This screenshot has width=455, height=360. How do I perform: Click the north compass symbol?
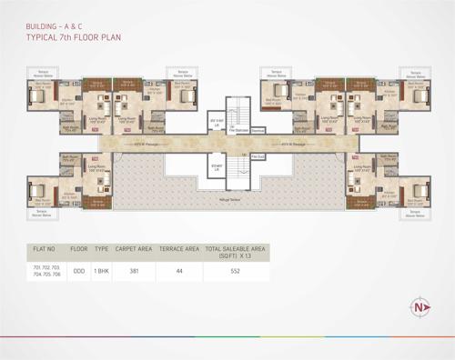pos(420,305)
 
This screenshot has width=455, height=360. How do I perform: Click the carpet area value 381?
pos(134,271)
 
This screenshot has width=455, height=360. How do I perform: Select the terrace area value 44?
pos(179,271)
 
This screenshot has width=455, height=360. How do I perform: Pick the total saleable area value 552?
pos(235,271)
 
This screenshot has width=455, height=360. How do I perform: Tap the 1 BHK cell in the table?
pos(102,271)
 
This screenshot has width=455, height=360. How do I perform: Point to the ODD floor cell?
pos(79,271)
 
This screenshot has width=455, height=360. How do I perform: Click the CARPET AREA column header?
pos(134,248)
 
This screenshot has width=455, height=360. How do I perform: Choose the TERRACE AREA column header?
pos(179,248)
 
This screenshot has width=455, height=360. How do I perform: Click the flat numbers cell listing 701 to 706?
pos(45,271)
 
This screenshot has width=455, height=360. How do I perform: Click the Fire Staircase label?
pos(239,130)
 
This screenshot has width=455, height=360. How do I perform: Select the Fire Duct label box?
pos(258,156)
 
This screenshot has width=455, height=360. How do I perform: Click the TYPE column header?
pos(102,248)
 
